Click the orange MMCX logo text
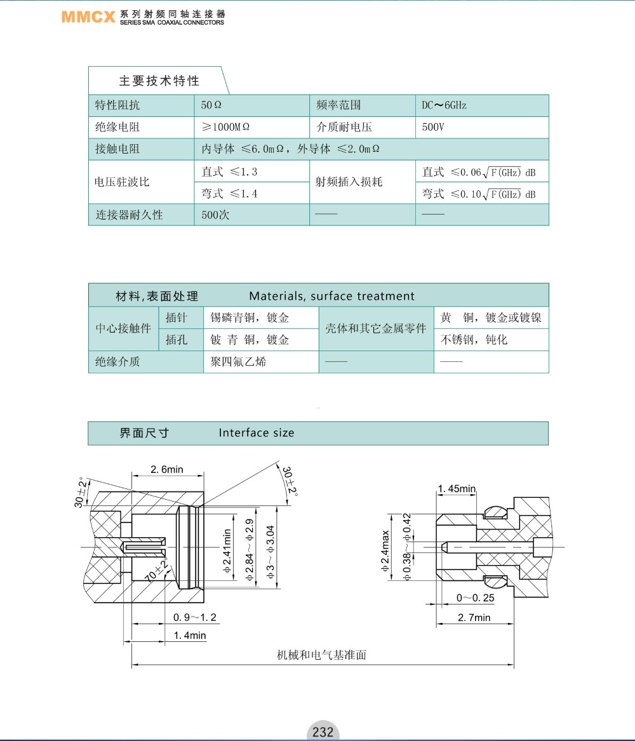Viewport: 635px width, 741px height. (88, 17)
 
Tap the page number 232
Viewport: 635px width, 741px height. (323, 731)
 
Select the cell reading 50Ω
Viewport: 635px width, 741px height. (211, 105)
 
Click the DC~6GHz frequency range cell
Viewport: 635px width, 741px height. (444, 105)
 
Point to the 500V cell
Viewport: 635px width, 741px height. (433, 127)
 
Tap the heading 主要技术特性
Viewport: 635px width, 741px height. (159, 81)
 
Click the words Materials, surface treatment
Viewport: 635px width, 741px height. (331, 296)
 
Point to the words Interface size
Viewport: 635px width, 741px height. (257, 433)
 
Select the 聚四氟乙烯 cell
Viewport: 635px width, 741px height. (234, 362)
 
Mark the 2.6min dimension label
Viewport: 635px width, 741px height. (167, 470)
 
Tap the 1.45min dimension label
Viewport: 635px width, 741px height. (457, 488)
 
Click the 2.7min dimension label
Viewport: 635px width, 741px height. (474, 617)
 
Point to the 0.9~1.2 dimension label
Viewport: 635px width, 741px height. (195, 617)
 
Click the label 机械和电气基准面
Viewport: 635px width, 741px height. (322, 655)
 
